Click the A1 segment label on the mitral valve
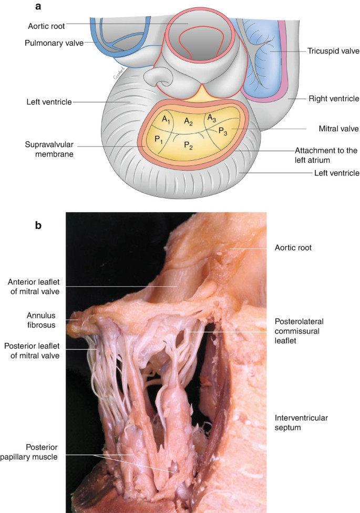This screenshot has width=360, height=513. click(167, 120)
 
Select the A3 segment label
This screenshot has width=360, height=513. click(211, 118)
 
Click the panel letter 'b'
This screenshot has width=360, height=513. click(38, 225)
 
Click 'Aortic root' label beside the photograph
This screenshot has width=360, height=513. click(293, 247)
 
